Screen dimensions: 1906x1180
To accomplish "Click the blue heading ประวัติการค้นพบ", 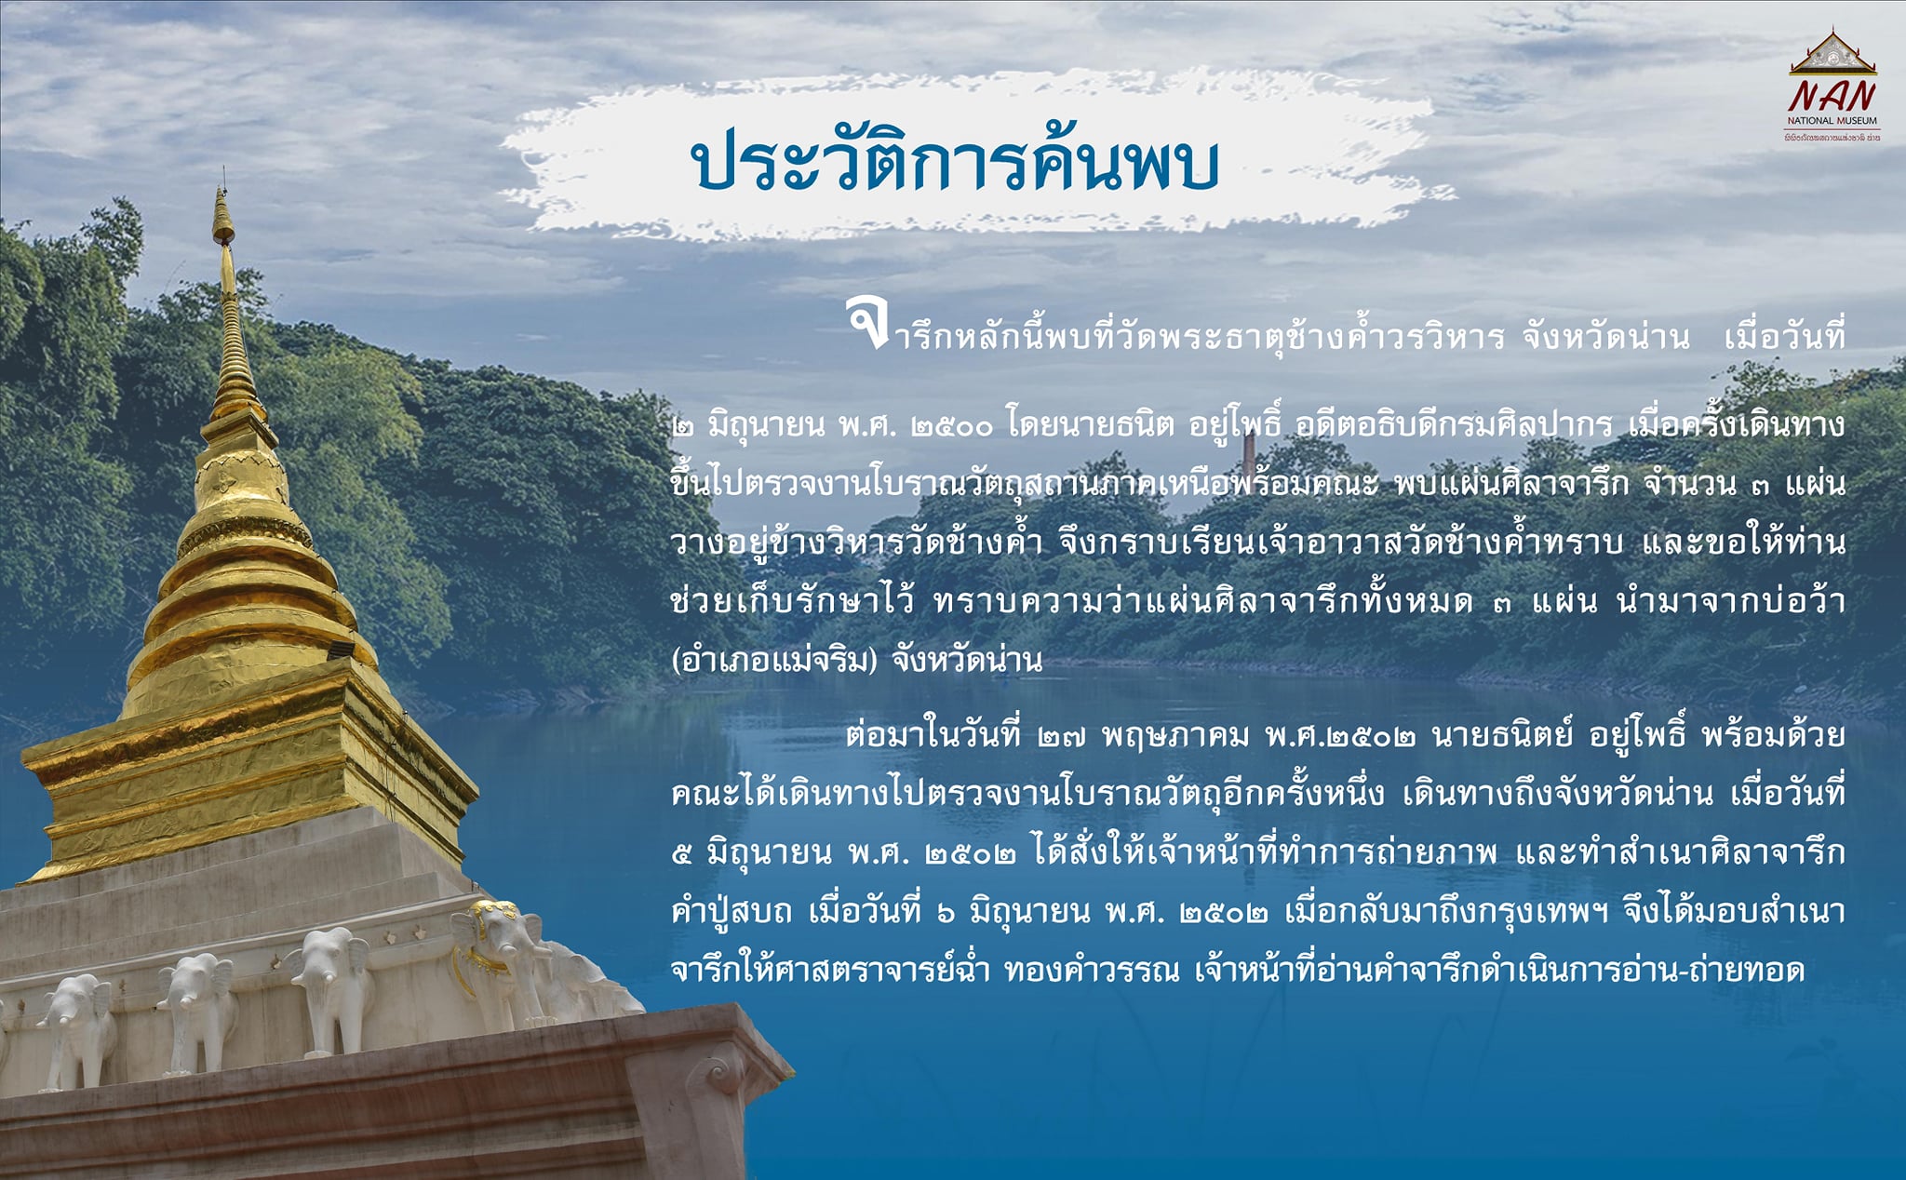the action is click(955, 164).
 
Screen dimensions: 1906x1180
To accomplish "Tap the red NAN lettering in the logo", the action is click(1832, 96).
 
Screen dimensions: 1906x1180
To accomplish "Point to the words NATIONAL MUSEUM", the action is click(1832, 121).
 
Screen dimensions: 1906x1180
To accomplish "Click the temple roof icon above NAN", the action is click(1832, 52).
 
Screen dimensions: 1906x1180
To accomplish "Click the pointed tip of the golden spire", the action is click(221, 171).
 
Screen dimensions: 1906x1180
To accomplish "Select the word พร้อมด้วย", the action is click(1772, 735).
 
